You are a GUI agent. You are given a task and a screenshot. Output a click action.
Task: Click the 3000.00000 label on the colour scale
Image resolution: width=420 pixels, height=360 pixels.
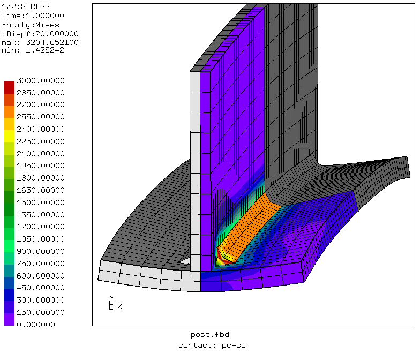(41, 80)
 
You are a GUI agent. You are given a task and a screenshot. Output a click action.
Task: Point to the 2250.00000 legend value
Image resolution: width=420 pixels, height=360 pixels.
(41, 141)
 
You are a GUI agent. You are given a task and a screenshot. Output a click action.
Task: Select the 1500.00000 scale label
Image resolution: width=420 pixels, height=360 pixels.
(41, 202)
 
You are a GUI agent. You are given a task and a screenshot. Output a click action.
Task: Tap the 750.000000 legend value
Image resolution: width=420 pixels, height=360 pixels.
(41, 264)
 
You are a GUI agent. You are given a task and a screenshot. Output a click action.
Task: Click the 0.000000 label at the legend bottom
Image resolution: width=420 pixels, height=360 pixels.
(36, 325)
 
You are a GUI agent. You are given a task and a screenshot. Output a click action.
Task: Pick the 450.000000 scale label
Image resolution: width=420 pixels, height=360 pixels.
(41, 288)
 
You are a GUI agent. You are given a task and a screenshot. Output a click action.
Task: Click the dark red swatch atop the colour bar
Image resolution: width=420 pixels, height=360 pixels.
(10, 88)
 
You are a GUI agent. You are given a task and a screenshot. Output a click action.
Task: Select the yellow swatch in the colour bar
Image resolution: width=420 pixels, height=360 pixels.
(10, 136)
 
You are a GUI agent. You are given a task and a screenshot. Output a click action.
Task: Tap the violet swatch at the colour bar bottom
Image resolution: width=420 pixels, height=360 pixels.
(10, 319)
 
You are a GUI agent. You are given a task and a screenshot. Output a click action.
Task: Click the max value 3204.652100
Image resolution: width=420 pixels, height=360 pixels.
(52, 42)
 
